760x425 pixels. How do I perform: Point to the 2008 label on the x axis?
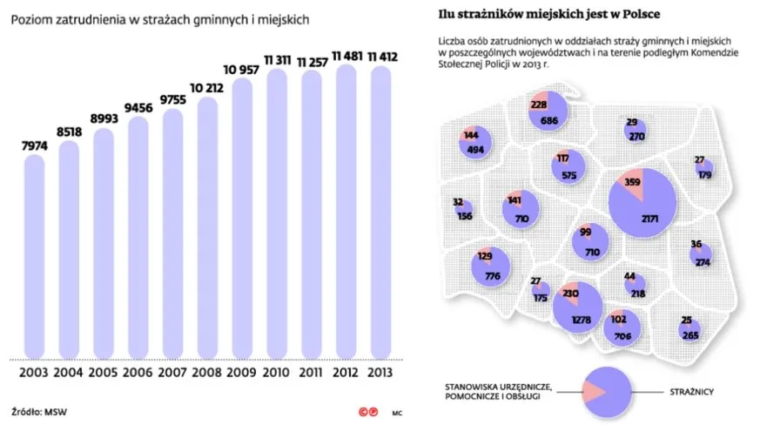point(206,372)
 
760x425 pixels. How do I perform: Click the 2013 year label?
point(380,372)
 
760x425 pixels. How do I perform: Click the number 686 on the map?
point(548,120)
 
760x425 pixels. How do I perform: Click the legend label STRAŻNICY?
point(693,393)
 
